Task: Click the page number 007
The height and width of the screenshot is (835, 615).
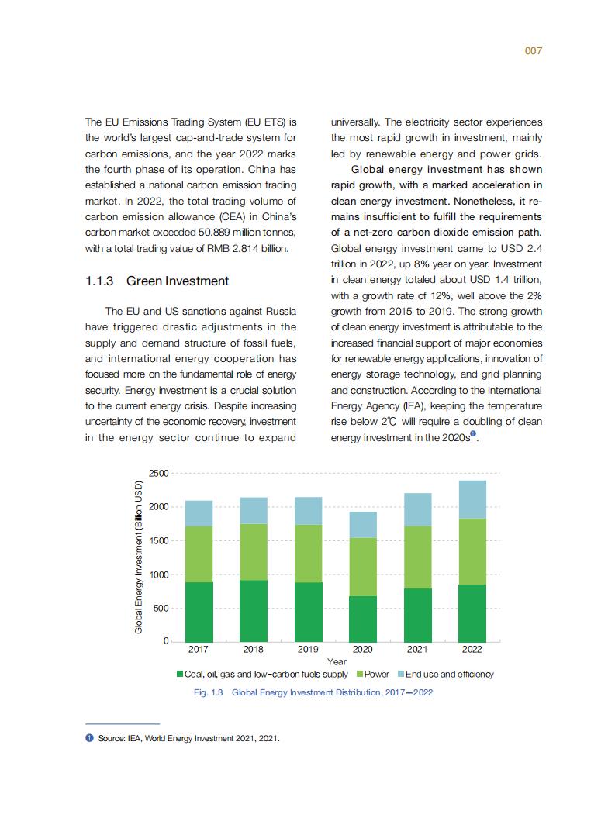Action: (x=533, y=50)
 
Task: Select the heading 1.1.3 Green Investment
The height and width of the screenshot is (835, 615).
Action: (x=157, y=281)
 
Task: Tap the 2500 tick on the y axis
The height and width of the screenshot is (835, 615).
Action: (x=157, y=473)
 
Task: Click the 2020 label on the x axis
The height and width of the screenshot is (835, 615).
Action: (x=362, y=649)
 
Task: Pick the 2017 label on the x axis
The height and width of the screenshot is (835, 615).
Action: (x=199, y=649)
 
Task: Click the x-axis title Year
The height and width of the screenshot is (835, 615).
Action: (x=337, y=661)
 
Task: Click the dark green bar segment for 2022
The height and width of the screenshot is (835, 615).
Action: (x=472, y=612)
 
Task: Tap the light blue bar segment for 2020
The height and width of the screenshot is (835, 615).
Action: (x=362, y=525)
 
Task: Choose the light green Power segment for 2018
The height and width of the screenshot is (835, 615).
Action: (x=254, y=552)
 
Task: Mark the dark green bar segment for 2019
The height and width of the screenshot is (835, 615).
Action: (x=308, y=612)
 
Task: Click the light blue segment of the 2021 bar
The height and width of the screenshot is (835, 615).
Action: (x=417, y=509)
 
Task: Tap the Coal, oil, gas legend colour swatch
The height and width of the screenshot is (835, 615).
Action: (x=180, y=675)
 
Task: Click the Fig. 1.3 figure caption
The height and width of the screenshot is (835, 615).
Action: (x=313, y=692)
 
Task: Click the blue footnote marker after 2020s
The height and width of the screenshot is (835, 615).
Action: (x=473, y=434)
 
